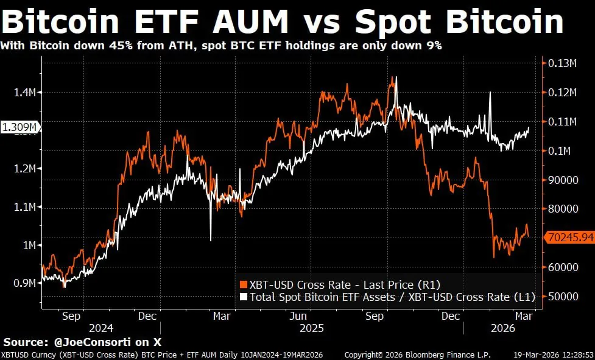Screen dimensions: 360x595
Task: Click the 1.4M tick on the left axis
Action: pos(24,92)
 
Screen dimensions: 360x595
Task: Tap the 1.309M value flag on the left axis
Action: pos(21,127)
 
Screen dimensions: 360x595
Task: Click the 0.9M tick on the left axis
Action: pos(24,283)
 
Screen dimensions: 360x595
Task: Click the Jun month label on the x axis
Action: pos(298,316)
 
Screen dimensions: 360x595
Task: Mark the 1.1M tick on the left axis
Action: pos(24,207)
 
